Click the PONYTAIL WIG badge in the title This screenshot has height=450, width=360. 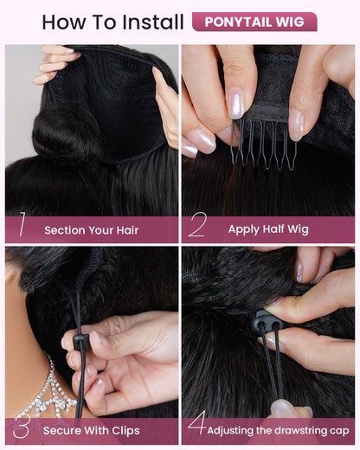254,22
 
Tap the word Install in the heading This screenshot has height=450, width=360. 153,22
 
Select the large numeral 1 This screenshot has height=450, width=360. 22,224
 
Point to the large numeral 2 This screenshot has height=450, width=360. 197,224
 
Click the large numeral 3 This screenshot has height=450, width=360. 22,426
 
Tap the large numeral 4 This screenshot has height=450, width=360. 197,422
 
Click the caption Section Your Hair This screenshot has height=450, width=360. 92,230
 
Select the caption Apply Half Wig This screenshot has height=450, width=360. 268,229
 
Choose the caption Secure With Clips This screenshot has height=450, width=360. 92,431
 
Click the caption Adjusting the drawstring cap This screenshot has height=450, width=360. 278,431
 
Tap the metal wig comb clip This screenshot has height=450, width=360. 264,145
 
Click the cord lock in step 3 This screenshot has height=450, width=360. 80,342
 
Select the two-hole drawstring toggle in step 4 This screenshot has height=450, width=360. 267,323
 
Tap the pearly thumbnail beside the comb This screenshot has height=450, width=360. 236,103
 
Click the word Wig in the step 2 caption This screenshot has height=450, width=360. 298,229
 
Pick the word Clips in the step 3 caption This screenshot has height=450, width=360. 125,431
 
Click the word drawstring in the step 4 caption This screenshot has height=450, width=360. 303,431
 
